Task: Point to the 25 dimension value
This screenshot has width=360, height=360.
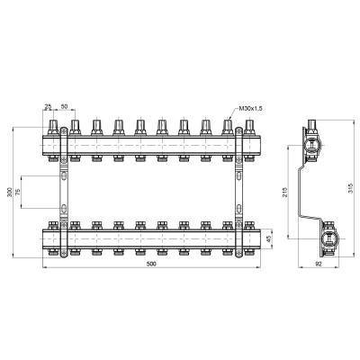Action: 47,108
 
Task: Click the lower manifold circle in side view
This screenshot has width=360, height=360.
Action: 328,238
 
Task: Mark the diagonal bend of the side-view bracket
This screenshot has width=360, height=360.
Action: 316,212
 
